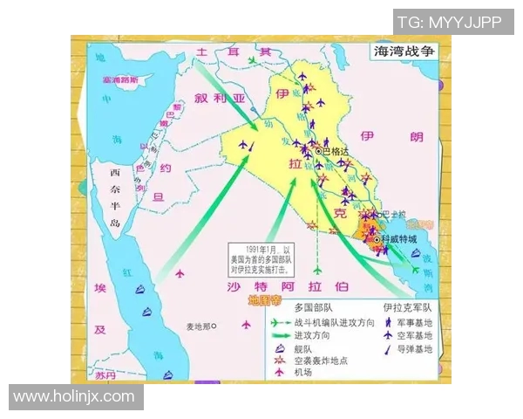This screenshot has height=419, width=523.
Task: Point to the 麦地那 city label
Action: (x=197, y=326)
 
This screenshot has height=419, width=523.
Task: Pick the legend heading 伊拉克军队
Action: (x=409, y=308)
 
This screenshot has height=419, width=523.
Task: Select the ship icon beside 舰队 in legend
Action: (x=280, y=349)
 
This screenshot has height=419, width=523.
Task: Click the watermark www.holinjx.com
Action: (x=74, y=397)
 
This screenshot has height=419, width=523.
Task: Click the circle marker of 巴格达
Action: (x=318, y=151)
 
